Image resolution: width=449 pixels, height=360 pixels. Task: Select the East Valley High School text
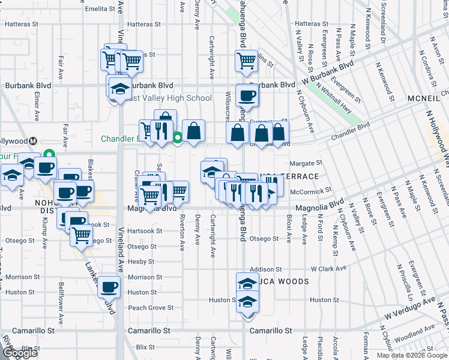click(x=169, y=98)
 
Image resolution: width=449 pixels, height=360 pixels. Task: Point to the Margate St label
click(x=306, y=163)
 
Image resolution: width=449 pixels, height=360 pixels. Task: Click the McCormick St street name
click(x=311, y=191)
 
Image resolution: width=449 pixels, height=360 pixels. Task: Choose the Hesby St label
click(x=142, y=262)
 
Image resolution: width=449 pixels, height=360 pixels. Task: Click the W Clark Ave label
click(x=329, y=269)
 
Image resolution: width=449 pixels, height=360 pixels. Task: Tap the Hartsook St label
click(x=145, y=231)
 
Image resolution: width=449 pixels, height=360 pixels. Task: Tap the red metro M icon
click(x=33, y=140)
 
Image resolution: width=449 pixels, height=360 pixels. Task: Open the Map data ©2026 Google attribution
click(x=411, y=355)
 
